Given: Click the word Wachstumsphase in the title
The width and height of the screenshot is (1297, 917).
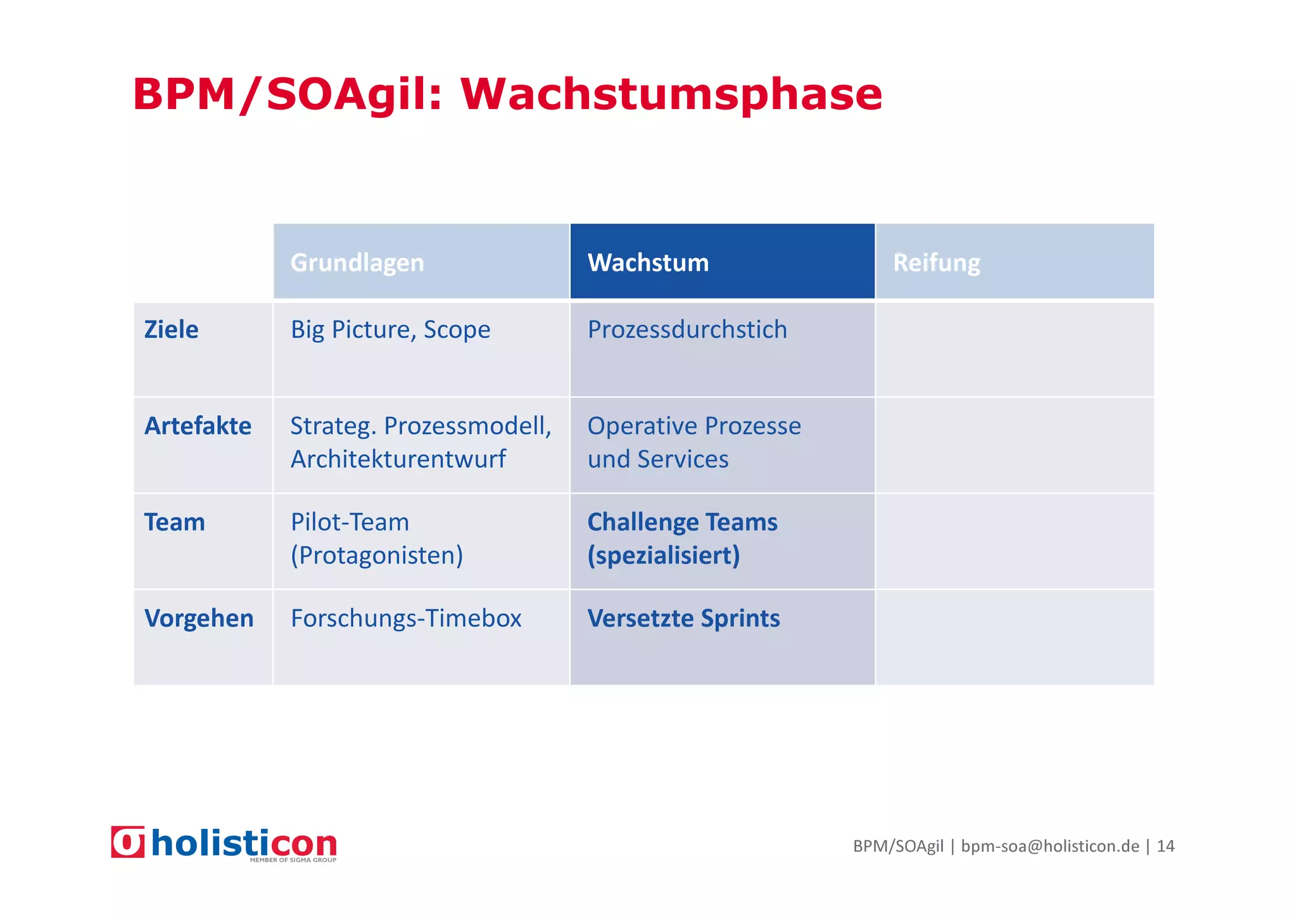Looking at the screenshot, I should [x=671, y=95].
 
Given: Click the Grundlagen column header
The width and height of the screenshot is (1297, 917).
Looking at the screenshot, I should [x=357, y=262].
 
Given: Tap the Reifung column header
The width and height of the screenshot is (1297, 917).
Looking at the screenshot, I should [x=936, y=262].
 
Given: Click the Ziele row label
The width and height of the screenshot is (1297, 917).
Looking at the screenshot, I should [x=171, y=330].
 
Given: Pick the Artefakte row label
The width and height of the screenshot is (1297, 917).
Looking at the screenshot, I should [x=198, y=426].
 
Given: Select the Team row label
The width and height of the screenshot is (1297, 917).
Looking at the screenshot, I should [x=174, y=522].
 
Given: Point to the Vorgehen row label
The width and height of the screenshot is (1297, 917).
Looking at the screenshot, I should [x=199, y=619].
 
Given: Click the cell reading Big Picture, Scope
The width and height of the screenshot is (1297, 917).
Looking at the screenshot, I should [x=390, y=330].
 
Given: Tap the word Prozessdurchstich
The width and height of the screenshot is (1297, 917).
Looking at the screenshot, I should [x=687, y=330].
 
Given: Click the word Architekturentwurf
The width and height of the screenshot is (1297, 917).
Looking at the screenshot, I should [x=398, y=459].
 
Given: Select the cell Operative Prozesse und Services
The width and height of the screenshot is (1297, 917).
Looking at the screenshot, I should [x=693, y=442].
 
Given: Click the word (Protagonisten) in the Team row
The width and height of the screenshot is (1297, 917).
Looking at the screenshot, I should [x=377, y=555].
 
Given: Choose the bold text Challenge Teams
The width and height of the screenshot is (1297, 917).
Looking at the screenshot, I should [x=682, y=522].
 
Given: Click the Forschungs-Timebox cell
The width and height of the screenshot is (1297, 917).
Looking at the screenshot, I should [x=406, y=619].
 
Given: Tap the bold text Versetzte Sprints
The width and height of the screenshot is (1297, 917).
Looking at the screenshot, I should [x=683, y=619].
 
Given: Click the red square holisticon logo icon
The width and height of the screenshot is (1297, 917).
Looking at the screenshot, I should [x=128, y=842].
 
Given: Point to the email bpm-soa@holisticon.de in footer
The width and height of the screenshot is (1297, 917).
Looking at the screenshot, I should [x=1049, y=846].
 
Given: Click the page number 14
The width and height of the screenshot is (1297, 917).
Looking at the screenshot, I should [x=1165, y=846].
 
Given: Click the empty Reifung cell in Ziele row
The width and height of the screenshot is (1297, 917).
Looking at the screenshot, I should [x=1015, y=350].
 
